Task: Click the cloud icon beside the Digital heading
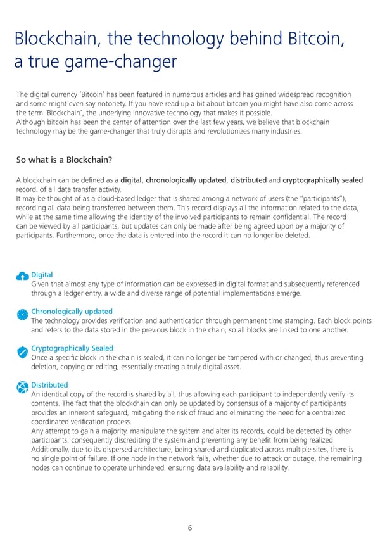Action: [x=22, y=275]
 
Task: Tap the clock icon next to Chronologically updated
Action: [x=22, y=313]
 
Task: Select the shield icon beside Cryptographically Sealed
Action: [x=22, y=350]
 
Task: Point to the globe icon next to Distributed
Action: [x=22, y=387]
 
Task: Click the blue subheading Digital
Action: [x=42, y=275]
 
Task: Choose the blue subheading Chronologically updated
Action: [x=72, y=312]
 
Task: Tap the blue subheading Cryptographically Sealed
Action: [x=72, y=348]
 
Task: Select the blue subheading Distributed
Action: [x=49, y=385]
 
